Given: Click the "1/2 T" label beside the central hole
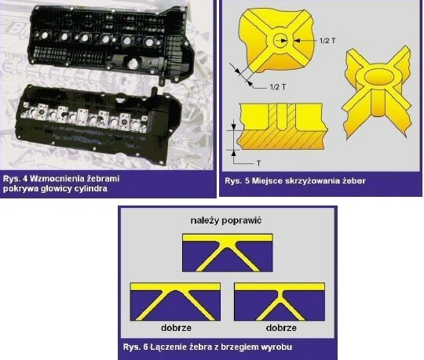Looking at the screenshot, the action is (327, 41).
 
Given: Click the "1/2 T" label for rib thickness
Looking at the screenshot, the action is (278, 87).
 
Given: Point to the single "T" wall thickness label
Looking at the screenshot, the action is (259, 163).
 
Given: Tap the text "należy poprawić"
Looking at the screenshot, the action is (226, 220).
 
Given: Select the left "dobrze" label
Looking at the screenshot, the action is (176, 328).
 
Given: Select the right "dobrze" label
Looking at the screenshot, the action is (281, 328).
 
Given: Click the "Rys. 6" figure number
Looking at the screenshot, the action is (136, 347).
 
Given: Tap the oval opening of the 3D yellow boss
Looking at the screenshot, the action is (379, 76).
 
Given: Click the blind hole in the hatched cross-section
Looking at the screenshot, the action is (282, 117).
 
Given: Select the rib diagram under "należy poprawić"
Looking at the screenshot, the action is (228, 253).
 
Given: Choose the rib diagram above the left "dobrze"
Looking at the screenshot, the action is (175, 302).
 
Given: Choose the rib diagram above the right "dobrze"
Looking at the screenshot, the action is (280, 302).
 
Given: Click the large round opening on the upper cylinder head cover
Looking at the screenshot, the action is (133, 64).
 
